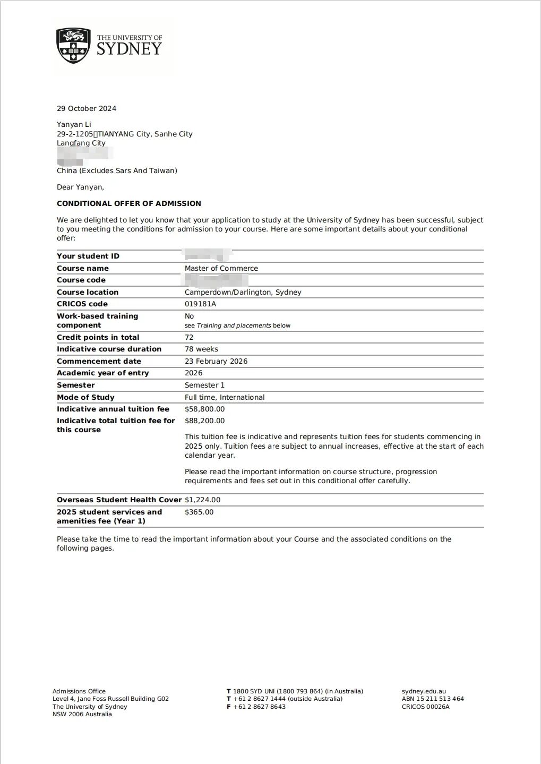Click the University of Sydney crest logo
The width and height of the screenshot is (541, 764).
click(73, 46)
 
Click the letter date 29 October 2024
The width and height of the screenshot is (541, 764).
click(87, 108)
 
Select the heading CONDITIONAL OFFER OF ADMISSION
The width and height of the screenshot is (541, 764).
click(129, 203)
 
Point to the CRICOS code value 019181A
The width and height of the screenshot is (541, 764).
click(200, 304)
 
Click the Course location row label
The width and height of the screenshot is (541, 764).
click(88, 292)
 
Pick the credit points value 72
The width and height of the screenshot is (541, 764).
click(189, 337)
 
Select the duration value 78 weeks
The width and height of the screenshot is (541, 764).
click(201, 349)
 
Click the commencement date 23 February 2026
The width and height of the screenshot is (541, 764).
click(216, 361)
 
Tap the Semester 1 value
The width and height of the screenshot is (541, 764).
click(204, 385)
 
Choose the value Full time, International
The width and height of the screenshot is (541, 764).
click(224, 397)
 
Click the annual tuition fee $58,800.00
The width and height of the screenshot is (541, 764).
click(204, 409)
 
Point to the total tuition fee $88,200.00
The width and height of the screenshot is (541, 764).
click(204, 420)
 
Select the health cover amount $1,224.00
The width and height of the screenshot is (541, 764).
click(202, 500)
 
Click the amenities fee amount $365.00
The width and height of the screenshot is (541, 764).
click(199, 512)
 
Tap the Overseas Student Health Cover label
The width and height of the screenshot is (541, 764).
click(119, 500)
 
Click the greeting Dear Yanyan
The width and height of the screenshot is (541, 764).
click(80, 187)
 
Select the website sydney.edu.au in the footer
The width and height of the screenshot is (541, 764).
click(424, 691)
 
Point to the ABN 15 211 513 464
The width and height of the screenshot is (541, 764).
click(433, 699)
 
